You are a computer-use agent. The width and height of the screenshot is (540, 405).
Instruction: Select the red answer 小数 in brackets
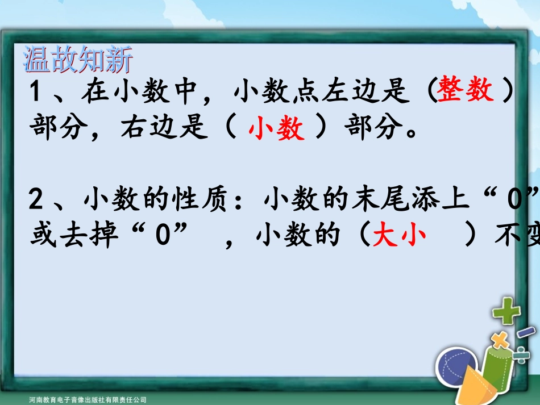[x=276, y=130]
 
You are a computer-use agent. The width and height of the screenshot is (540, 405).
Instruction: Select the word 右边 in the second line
[x=142, y=130]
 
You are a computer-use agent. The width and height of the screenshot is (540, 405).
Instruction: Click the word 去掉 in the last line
[x=102, y=237]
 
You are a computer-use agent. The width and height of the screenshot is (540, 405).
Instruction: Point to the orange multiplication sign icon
[x=500, y=341]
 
